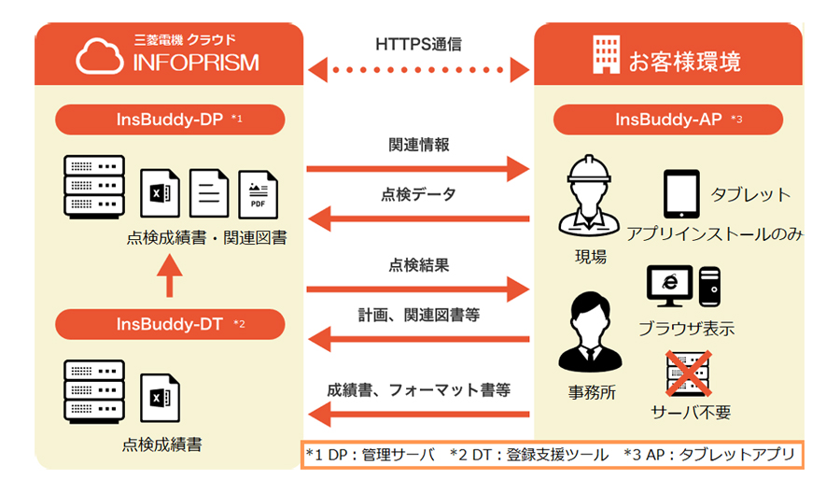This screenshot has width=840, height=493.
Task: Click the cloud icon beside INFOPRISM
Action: coord(101,56)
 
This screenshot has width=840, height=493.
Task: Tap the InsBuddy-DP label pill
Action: coord(170,120)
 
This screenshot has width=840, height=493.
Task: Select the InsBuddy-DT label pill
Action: coord(170,324)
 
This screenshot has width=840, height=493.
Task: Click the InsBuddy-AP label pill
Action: coord(667,120)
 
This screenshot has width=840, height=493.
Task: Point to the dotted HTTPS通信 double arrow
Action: coord(418,68)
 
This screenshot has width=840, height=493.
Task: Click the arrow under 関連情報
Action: coord(418,169)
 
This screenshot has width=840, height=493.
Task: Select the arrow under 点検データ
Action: coord(418,219)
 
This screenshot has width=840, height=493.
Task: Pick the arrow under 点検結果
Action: coord(418,289)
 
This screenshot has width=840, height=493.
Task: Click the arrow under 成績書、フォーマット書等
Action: coord(418,413)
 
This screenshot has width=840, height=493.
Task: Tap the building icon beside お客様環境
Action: coord(606,57)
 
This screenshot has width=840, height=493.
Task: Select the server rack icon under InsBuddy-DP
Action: coord(93,188)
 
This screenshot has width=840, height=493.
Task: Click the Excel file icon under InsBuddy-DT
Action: coord(160,397)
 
